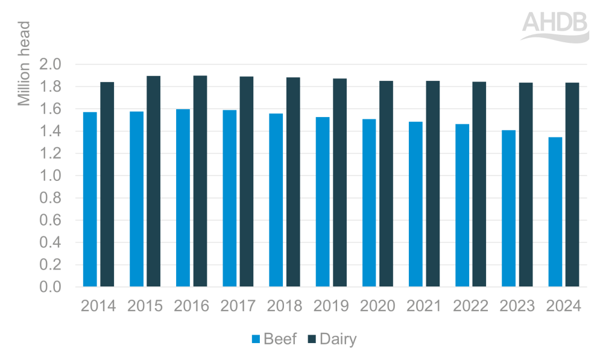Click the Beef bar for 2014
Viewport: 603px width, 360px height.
(90, 199)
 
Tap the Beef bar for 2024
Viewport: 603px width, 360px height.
(555, 212)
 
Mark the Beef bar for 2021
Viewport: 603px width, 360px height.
(415, 204)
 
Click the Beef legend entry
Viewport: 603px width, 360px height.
(274, 339)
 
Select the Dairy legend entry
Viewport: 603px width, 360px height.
(331, 339)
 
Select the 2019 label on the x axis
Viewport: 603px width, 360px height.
(331, 306)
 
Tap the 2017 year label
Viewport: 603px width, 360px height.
(238, 306)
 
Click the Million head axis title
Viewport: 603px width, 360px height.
(24, 63)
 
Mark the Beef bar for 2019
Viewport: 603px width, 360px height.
(322, 201)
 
